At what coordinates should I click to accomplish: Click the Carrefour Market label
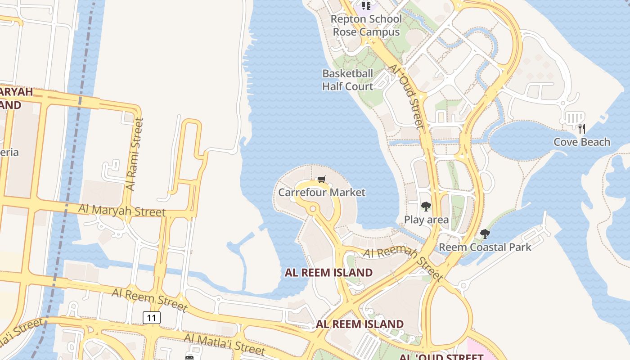pos(322,193)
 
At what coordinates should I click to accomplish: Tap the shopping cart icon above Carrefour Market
pos(321,180)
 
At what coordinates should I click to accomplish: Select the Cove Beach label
pos(582,142)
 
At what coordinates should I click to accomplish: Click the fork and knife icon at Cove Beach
pos(582,129)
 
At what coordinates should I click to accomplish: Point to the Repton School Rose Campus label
pos(366,26)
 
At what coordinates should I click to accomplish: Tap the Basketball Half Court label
pos(348,80)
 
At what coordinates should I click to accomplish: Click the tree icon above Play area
pos(426,207)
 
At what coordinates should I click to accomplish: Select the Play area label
pos(426,220)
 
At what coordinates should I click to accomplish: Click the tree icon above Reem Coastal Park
pos(485,234)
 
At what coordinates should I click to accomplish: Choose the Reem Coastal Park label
pos(485,247)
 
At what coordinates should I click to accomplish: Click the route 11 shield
pos(152,318)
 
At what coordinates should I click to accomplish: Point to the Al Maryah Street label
pos(122,210)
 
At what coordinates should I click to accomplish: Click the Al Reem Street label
pos(149,300)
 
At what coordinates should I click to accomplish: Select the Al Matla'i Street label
pos(225,343)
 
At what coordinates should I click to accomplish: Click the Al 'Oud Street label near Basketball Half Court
pos(406,97)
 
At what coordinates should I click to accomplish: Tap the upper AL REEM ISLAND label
pos(328,273)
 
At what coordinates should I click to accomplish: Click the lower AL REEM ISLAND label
pos(360,324)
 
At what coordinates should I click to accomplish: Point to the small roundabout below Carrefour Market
pos(311,209)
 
